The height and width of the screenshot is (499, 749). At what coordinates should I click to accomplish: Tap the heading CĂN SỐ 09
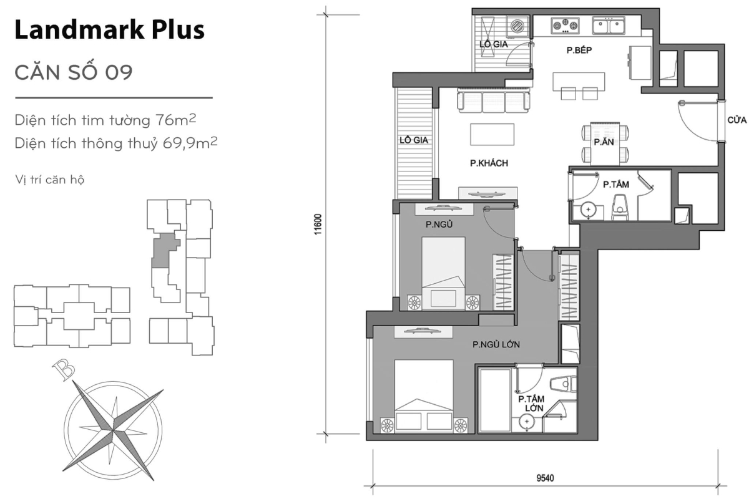pos(73,72)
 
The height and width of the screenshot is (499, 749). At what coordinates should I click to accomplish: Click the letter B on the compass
pos(64,371)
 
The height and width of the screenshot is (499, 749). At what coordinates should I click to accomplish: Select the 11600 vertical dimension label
pos(318,225)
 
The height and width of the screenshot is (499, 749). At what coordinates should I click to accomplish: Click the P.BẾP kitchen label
pos(579,51)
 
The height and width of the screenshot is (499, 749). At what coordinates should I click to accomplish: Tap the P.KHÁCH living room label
pos(489,163)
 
